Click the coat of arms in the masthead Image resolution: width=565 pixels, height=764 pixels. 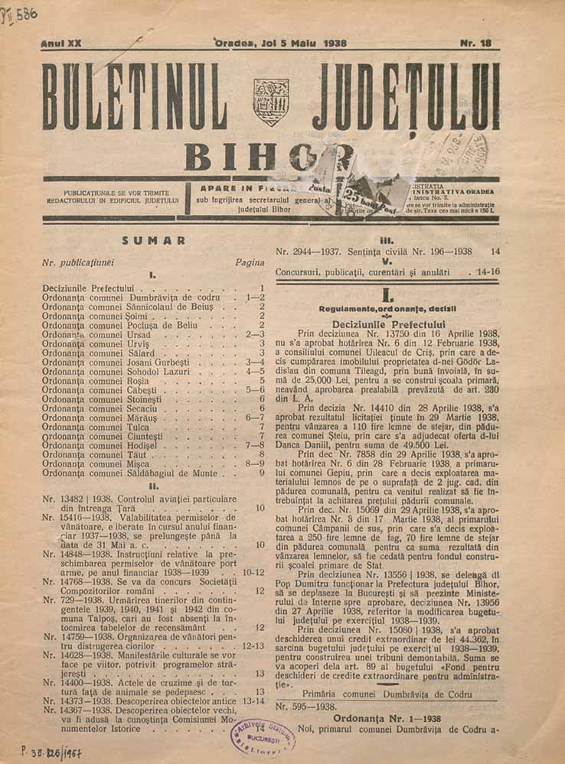coord(271,102)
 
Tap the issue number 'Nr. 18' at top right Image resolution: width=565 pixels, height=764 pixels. coord(475,44)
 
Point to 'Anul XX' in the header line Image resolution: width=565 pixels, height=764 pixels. coord(60,44)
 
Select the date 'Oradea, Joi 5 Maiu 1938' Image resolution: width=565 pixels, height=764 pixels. coord(281,44)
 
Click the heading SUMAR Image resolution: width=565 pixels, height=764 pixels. coord(153,240)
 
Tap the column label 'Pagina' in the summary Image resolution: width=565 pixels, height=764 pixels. coord(250,262)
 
